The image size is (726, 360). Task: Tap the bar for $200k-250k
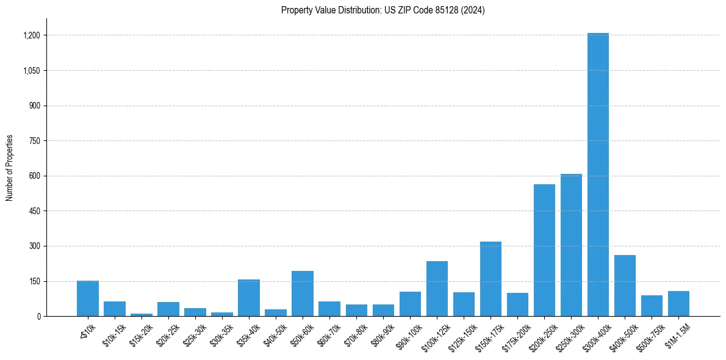544,250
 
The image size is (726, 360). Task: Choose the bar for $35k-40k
249,298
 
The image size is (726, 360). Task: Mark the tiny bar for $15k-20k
142,315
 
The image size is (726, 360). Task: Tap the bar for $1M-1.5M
678,304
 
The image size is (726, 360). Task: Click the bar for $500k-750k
652,306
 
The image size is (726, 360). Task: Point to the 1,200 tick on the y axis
32,35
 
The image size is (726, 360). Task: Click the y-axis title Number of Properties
9,168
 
